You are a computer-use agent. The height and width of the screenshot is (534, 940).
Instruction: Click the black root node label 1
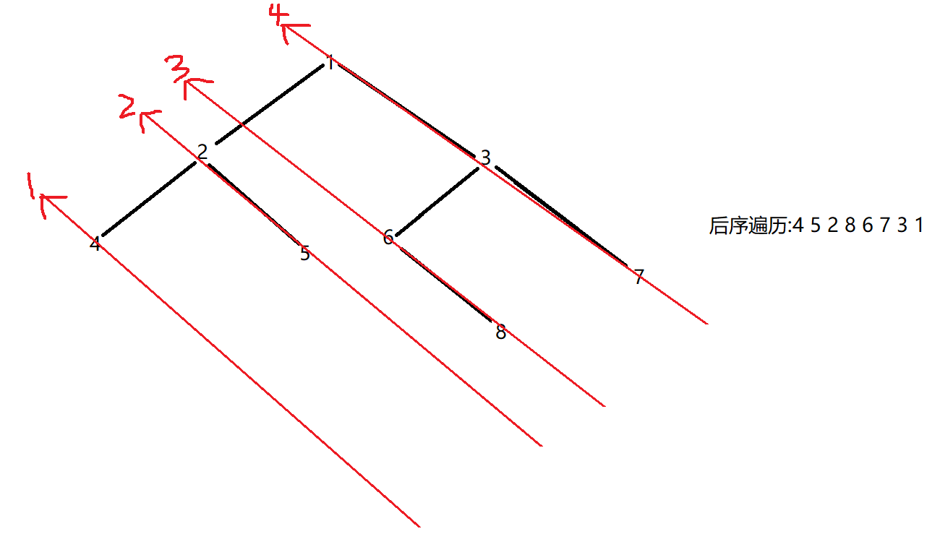coord(330,63)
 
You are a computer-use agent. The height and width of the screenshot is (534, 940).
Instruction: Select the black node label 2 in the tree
coord(202,152)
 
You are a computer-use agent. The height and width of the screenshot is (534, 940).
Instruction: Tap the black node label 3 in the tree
coord(486,158)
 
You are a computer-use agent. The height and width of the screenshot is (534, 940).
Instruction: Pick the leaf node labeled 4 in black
coord(95,244)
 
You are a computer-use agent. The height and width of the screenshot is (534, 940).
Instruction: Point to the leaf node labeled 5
coord(305,254)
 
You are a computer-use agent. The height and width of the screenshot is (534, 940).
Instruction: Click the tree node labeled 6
coord(388,237)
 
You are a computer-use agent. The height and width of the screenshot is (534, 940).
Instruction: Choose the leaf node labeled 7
coord(638,277)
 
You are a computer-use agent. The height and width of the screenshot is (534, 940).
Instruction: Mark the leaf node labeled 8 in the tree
coord(500,333)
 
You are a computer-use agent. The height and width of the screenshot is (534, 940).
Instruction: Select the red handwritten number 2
coord(128,108)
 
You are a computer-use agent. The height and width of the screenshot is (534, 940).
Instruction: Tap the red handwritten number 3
coord(177,69)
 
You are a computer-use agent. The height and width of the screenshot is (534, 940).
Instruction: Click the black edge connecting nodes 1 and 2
coord(269,105)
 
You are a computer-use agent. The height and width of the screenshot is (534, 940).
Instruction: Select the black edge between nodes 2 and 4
coord(150,199)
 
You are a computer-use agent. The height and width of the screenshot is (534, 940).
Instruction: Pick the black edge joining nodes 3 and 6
coord(438,202)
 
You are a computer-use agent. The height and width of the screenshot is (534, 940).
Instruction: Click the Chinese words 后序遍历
coord(747,226)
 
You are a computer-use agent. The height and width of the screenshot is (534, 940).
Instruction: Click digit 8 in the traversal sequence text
coord(850,225)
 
